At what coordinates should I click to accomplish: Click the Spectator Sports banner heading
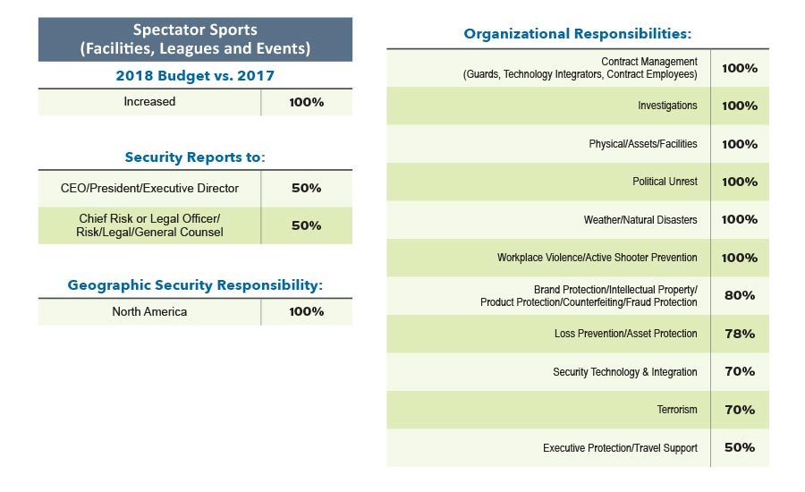[x=195, y=39]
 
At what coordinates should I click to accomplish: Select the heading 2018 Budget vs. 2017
[x=195, y=76]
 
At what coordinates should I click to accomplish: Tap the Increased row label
[x=149, y=102]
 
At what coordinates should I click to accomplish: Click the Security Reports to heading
[x=195, y=157]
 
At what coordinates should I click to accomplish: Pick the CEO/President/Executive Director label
[x=149, y=189]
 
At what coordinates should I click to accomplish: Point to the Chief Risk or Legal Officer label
[x=149, y=225]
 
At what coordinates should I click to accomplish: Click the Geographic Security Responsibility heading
[x=195, y=285]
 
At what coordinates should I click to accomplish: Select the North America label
[x=149, y=312]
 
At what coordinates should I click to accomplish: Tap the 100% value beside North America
[x=306, y=312]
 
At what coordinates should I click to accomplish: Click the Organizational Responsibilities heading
[x=578, y=35]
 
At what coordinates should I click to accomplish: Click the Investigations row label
[x=667, y=106]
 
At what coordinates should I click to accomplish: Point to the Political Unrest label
[x=665, y=182]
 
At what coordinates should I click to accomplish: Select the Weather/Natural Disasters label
[x=640, y=220]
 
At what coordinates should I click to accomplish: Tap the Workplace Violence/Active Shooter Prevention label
[x=597, y=258]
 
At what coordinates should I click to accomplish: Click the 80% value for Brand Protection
[x=740, y=296]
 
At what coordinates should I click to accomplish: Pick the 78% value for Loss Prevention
[x=740, y=334]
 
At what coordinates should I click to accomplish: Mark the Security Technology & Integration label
[x=625, y=372]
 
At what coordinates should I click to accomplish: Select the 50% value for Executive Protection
[x=740, y=448]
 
